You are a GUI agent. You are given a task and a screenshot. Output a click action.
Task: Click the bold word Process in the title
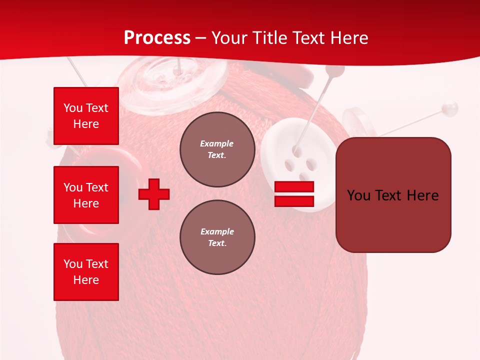(157, 38)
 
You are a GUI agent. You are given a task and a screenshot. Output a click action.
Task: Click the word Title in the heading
(270, 38)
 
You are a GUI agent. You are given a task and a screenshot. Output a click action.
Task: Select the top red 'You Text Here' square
(86, 116)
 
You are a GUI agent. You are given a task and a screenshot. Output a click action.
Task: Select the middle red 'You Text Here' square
(86, 195)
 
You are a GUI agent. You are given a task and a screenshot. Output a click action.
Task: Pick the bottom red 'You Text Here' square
(86, 271)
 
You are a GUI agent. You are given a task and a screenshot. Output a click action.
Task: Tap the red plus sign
(154, 194)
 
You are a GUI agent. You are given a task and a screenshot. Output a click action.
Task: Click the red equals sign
(294, 194)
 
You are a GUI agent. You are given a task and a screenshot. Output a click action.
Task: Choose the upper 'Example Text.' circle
(217, 149)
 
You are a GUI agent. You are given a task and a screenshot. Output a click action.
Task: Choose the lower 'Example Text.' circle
(217, 237)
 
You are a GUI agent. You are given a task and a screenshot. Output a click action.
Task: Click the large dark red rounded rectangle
(393, 194)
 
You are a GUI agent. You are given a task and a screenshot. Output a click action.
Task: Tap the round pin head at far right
(450, 107)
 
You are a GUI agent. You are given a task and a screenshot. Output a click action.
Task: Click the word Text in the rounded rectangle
(392, 195)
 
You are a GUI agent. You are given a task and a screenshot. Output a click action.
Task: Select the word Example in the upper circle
(216, 143)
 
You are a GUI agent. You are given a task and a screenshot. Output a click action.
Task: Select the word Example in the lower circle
(217, 231)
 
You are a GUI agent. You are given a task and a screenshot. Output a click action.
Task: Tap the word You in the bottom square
(73, 264)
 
